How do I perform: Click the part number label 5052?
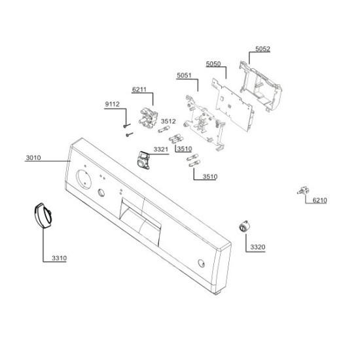[262, 49]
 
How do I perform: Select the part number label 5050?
[213, 64]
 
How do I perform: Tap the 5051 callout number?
[184, 75]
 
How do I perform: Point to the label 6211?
[139, 89]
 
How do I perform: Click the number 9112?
[113, 104]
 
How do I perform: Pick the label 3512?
[168, 121]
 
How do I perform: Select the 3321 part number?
[161, 149]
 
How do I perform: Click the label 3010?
[33, 158]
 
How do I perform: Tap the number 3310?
[59, 258]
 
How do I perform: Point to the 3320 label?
[258, 247]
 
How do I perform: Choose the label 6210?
[320, 200]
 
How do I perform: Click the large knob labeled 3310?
[43, 215]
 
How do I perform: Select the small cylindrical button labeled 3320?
[244, 226]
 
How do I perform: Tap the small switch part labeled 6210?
[303, 190]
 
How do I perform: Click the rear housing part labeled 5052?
[261, 86]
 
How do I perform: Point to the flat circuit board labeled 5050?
[233, 105]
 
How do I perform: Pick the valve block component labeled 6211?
[149, 118]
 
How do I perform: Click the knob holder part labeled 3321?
[143, 160]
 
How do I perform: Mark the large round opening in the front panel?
[84, 179]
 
